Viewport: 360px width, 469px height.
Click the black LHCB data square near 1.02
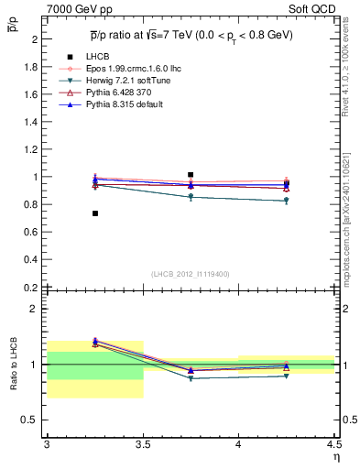[191, 174]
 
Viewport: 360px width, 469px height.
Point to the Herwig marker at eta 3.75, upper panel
[191, 197]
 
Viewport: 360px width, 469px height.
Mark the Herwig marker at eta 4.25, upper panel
[287, 201]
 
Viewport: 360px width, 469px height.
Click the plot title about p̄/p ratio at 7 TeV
[191, 35]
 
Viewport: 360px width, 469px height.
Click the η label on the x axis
[335, 455]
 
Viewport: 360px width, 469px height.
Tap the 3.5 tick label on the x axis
[143, 443]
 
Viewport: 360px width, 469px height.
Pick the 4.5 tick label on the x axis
[333, 443]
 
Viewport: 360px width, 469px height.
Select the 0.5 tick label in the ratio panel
[31, 420]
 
